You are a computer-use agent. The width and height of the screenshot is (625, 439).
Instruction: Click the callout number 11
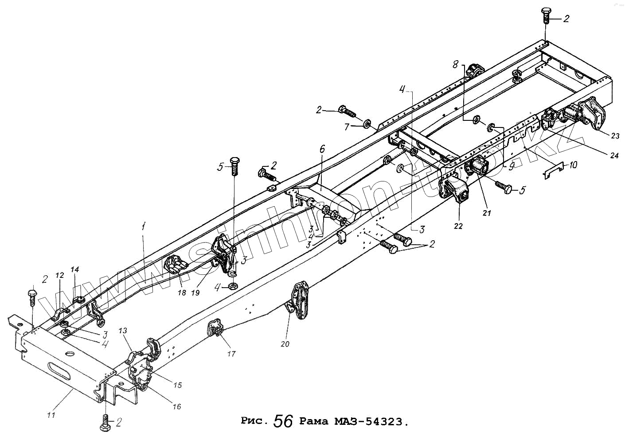51,415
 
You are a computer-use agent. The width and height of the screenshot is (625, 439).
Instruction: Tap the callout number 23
615,136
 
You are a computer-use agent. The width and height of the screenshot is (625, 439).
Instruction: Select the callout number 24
614,155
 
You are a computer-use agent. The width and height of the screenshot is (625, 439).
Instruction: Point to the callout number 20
285,344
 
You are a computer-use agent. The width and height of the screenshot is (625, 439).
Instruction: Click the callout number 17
231,354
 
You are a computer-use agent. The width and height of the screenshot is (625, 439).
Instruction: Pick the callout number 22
458,226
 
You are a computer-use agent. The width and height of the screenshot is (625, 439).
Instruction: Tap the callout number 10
573,165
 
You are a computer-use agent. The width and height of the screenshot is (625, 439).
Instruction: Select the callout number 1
143,227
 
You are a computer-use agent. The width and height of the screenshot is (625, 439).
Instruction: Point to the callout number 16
176,407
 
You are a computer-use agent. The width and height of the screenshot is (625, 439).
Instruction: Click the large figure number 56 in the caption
284,421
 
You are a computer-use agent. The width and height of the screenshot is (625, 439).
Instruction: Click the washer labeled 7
367,123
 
